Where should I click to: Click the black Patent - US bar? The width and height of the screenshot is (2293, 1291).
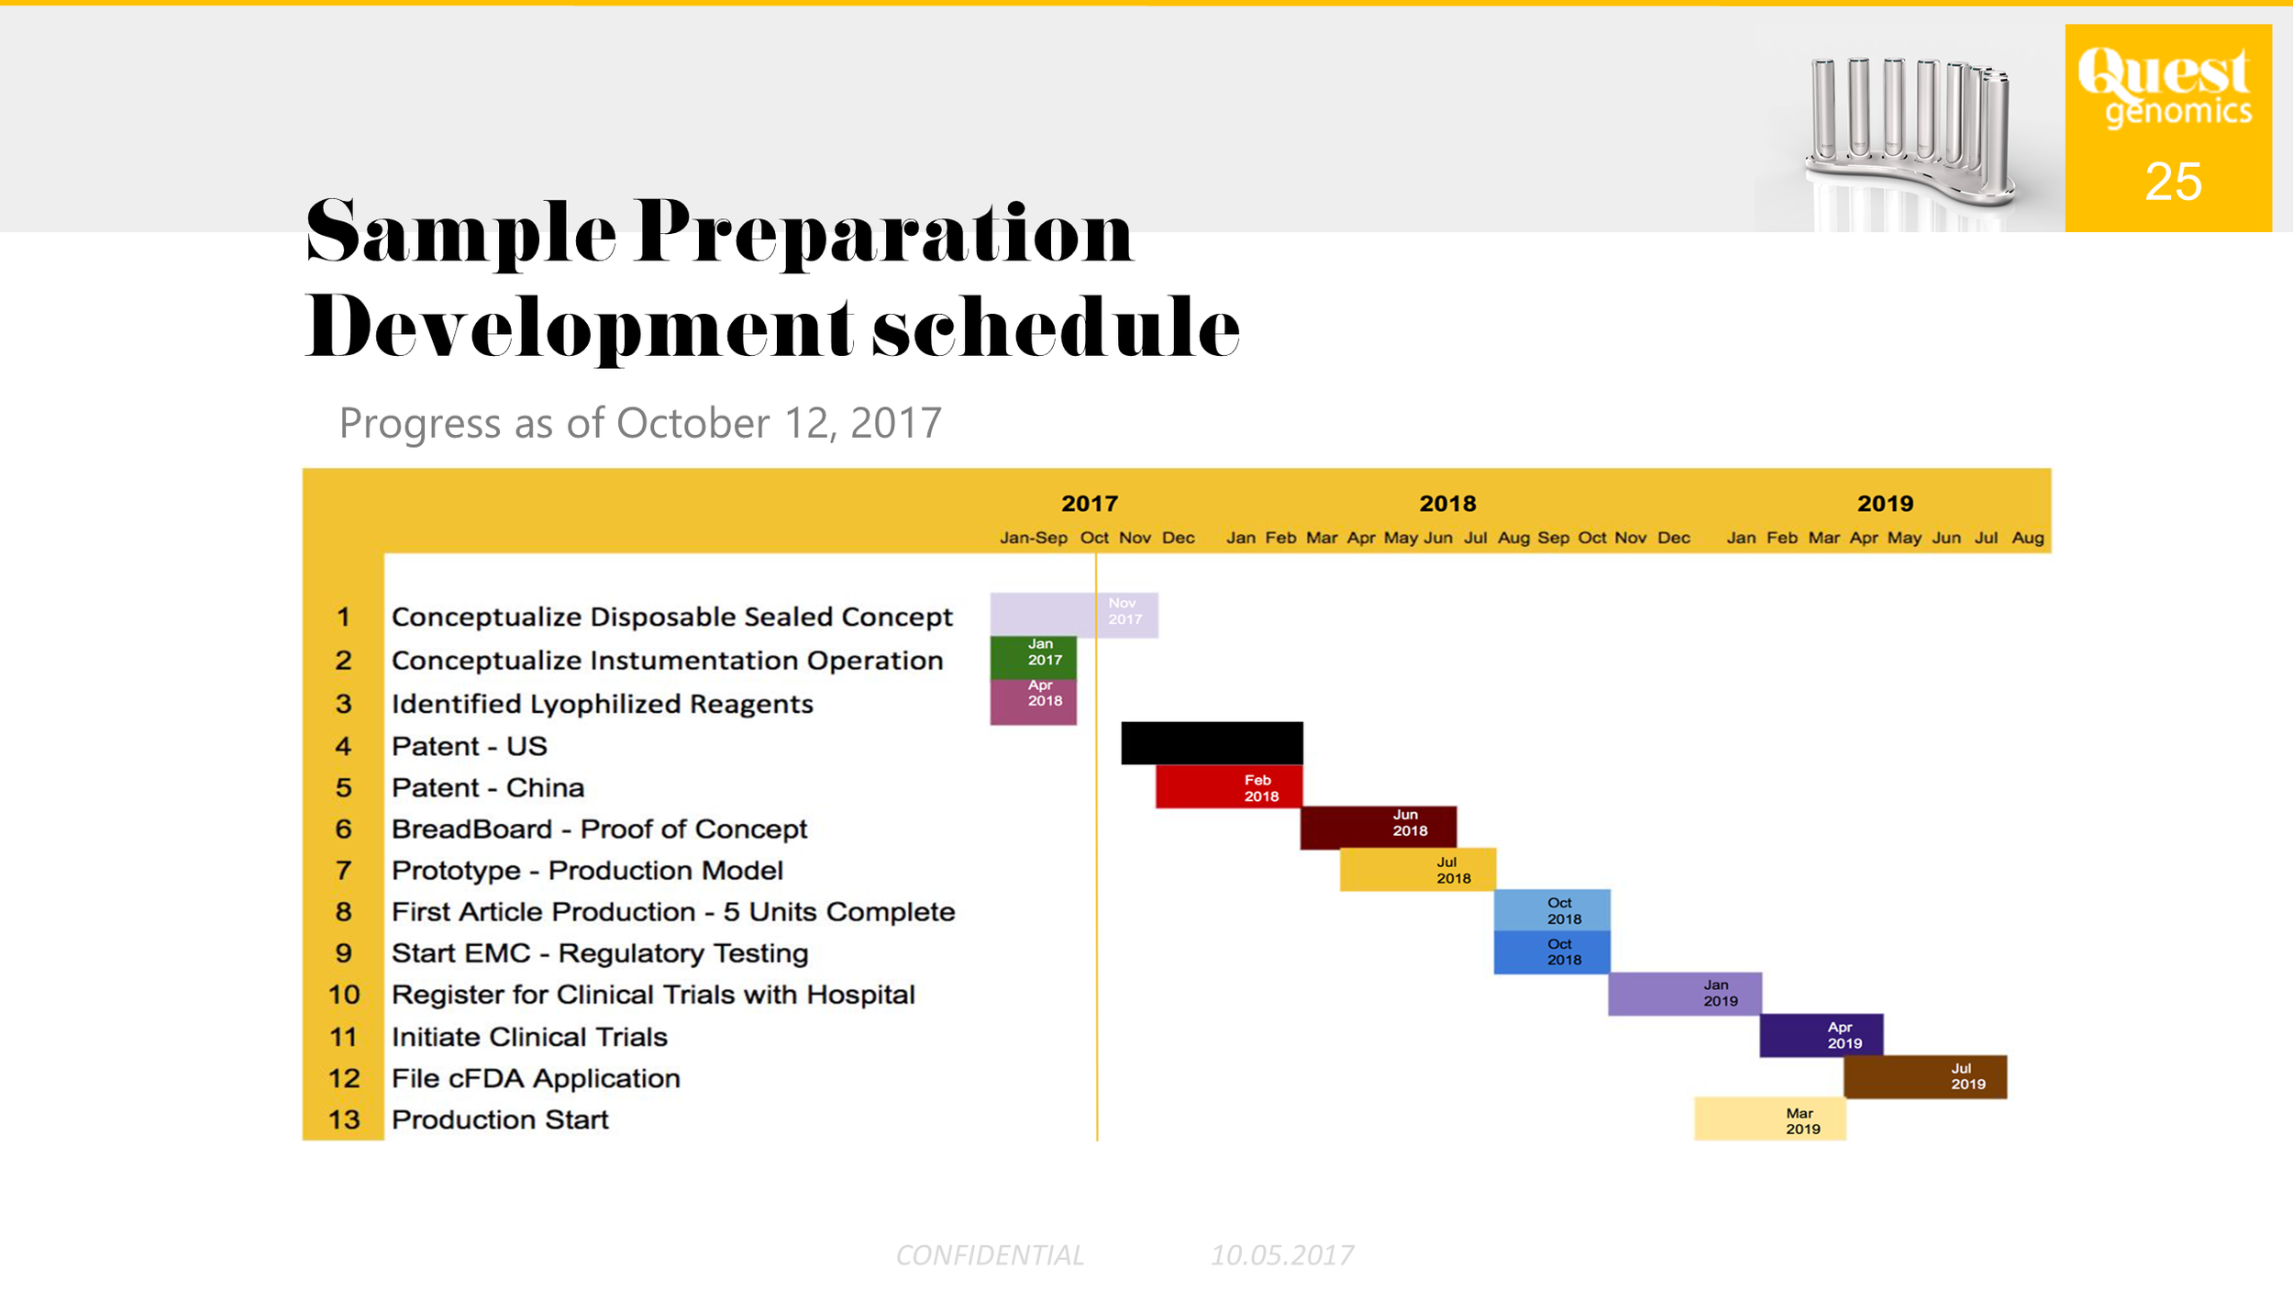[1211, 742]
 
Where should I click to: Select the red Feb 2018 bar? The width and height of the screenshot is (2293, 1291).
[1228, 787]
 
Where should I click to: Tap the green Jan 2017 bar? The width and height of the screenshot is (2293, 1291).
[1033, 657]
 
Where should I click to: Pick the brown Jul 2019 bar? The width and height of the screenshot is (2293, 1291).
[1924, 1076]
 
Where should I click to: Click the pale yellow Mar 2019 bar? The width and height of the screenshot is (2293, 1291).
[1769, 1119]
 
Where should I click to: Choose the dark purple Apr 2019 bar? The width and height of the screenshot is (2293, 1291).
[1821, 1035]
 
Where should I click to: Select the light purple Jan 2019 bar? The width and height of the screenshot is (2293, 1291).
[1684, 994]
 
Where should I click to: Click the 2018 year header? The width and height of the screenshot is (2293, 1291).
[1447, 504]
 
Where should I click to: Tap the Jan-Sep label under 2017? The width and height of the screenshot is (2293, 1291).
[1033, 538]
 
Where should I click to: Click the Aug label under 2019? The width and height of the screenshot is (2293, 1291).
[2027, 538]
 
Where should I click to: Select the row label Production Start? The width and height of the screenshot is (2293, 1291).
[500, 1119]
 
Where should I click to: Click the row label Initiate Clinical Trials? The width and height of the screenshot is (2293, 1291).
[529, 1037]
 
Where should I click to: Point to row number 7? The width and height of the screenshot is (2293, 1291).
[343, 870]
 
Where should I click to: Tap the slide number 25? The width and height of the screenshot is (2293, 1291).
[2173, 182]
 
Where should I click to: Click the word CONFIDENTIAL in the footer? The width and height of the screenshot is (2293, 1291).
[990, 1255]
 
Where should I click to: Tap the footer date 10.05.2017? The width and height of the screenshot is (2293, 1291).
[1281, 1255]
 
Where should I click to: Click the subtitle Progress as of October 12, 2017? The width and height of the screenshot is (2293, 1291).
[640, 423]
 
